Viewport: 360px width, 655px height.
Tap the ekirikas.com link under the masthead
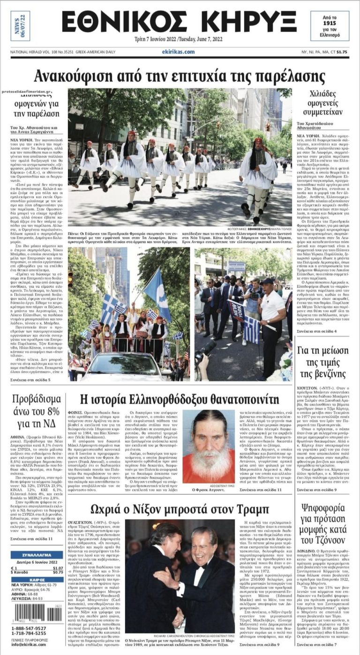click(x=178, y=52)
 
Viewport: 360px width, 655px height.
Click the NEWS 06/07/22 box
click(x=20, y=26)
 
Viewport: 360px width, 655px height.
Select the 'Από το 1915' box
click(x=336, y=25)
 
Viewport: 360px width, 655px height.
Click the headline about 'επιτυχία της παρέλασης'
click(x=180, y=75)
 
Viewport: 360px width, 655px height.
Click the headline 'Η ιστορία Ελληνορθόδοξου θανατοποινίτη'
click(x=180, y=400)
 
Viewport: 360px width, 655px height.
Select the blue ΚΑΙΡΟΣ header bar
click(x=37, y=580)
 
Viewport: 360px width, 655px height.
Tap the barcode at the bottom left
click(x=37, y=612)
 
